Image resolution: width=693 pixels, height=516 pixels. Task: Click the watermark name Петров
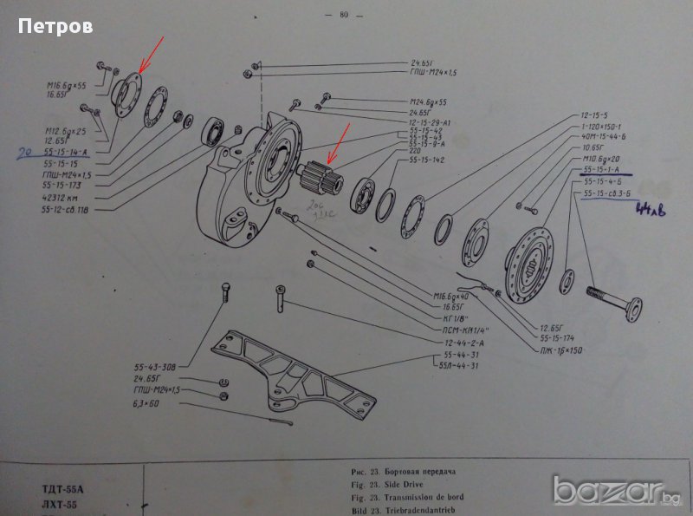point(55,27)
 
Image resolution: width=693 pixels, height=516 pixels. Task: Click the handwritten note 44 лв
point(650,209)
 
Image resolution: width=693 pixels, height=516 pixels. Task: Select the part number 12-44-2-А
point(458,343)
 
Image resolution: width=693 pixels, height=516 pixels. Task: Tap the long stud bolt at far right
point(616,298)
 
